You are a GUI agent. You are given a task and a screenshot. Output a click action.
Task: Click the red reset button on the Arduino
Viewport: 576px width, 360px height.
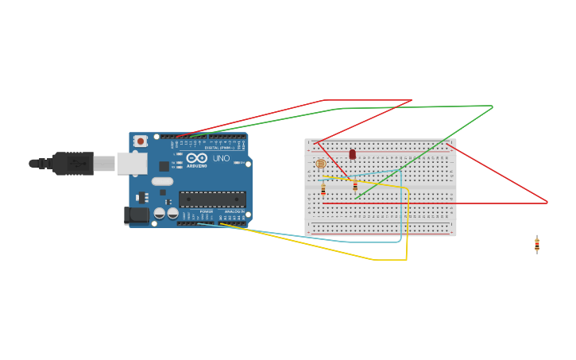141,141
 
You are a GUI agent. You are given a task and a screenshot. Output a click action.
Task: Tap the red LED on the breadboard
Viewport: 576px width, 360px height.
352,154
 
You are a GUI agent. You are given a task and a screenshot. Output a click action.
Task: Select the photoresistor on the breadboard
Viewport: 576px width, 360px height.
320,164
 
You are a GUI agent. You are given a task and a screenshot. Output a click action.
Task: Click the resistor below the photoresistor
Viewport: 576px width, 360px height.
323,190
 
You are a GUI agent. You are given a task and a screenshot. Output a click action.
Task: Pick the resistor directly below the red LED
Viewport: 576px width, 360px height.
355,186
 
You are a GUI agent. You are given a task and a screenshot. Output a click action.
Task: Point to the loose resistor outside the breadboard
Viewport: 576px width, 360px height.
537,245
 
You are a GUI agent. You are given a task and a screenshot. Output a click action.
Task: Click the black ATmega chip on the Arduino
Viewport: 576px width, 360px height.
211,199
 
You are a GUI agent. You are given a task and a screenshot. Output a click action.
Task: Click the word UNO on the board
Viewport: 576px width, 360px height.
221,158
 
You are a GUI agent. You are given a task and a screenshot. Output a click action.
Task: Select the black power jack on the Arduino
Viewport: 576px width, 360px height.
137,215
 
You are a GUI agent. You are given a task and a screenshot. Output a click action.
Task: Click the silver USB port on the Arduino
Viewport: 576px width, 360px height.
132,163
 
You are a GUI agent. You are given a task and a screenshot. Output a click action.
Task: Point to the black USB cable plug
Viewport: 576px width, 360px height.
73,163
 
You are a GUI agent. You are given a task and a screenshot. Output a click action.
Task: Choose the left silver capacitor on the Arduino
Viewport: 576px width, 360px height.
160,213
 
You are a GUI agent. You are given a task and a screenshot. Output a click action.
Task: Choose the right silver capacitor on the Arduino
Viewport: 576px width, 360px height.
172,213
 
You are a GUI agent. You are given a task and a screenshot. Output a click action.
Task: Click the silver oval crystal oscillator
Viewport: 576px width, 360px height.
162,181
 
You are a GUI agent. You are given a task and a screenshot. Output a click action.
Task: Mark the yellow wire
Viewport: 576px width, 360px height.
373,259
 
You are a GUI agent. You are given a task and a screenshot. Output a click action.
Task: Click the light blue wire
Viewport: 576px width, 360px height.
350,240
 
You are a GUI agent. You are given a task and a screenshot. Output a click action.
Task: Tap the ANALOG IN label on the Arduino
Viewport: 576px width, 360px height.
234,211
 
